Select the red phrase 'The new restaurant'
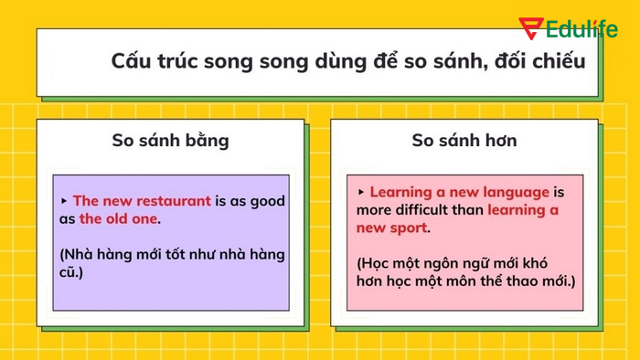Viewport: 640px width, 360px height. click(142, 200)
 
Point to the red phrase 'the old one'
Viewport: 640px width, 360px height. click(119, 218)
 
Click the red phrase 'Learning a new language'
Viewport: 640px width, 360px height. click(460, 192)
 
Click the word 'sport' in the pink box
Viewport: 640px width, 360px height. click(410, 228)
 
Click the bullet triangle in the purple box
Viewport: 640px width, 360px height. click(64, 200)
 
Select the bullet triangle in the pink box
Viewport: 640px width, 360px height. click(361, 192)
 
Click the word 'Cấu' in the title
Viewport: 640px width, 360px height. click(130, 61)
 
